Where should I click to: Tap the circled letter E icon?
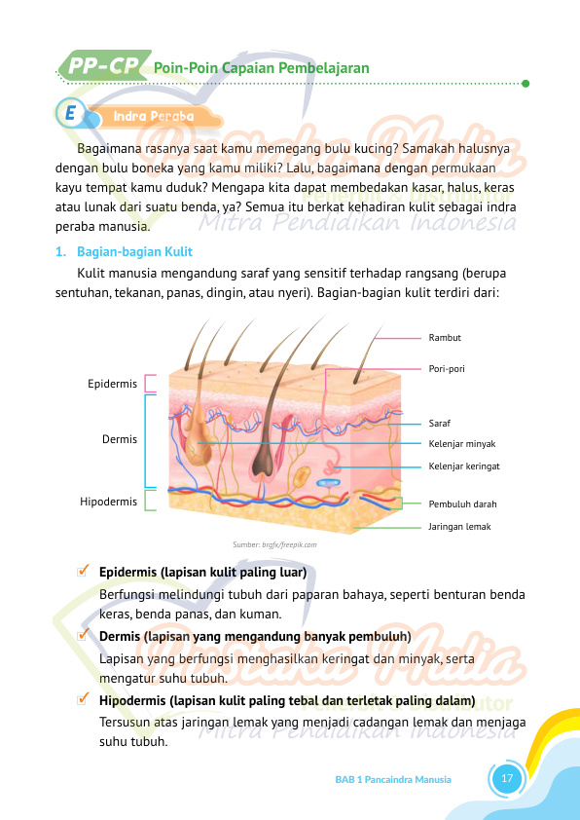click(70, 114)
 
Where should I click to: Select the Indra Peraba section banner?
click(154, 116)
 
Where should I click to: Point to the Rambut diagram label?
click(445, 338)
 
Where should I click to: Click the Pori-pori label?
click(447, 369)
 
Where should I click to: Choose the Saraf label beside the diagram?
click(440, 424)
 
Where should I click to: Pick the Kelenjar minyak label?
click(462, 444)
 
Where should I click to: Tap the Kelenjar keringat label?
click(464, 466)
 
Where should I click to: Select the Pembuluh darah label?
click(463, 504)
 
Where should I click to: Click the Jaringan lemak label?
click(459, 526)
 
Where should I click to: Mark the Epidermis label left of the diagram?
click(112, 384)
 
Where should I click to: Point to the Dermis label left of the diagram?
click(120, 439)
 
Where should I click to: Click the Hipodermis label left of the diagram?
click(108, 502)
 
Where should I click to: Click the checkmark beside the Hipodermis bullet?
click(85, 699)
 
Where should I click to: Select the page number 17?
click(506, 779)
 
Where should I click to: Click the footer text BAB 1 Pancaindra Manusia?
click(393, 780)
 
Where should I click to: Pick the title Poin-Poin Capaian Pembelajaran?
click(262, 68)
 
